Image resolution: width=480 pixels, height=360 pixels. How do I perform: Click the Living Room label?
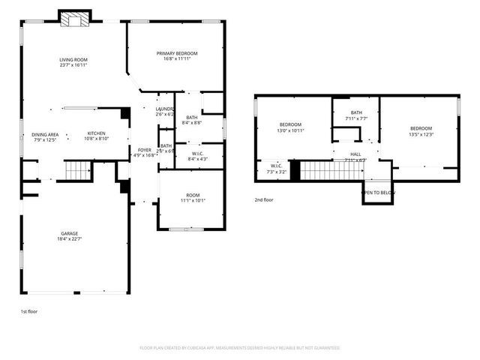(x=74, y=59)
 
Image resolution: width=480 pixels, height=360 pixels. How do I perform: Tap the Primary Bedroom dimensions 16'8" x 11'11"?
(x=177, y=59)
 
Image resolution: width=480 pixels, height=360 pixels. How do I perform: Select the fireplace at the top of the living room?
(x=75, y=19)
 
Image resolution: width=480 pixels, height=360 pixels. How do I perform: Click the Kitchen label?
(x=96, y=133)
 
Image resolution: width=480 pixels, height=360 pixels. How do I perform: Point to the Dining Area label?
(x=45, y=134)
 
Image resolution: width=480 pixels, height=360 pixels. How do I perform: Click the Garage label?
(x=70, y=233)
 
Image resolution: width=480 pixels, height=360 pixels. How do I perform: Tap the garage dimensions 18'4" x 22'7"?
(x=70, y=239)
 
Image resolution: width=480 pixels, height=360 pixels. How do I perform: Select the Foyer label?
(x=144, y=150)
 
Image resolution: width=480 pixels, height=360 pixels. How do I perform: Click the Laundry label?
(x=164, y=109)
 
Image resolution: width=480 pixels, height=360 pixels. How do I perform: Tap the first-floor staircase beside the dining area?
(x=76, y=171)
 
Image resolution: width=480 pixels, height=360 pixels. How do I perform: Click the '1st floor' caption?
(x=28, y=310)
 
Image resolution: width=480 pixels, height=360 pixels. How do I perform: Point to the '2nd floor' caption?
(x=264, y=200)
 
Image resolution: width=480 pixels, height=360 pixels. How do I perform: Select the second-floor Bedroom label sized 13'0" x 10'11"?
(x=291, y=124)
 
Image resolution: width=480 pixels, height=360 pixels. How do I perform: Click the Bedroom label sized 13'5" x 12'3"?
(x=421, y=128)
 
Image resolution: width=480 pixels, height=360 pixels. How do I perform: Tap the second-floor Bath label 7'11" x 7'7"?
(x=355, y=112)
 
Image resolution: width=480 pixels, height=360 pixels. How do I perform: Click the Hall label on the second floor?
(x=355, y=154)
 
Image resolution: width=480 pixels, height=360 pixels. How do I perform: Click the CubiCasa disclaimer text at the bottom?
(x=240, y=347)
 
